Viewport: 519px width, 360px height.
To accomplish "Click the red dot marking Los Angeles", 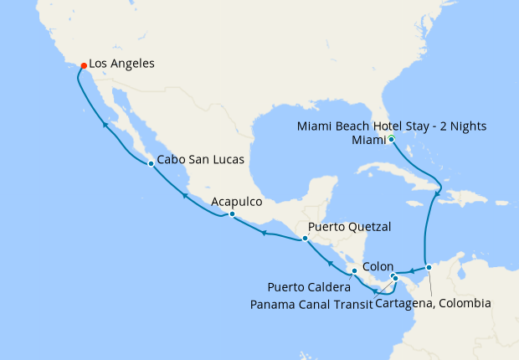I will click(82, 64).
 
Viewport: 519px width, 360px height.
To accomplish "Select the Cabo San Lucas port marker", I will click(150, 163).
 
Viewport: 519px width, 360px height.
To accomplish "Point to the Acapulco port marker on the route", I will click(232, 215).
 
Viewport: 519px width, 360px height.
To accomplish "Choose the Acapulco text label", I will click(238, 202).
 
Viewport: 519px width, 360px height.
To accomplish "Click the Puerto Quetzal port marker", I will click(305, 239).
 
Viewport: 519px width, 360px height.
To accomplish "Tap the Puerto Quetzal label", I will click(350, 227).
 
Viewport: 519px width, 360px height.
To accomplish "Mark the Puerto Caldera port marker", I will click(355, 271).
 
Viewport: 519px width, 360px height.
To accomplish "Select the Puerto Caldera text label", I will click(310, 287).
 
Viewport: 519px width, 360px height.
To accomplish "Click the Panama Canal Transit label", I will click(311, 303).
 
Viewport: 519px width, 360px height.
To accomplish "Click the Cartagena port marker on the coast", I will click(429, 268).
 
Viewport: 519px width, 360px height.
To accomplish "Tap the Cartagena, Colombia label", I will click(433, 303).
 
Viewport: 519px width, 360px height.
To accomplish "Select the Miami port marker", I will click(391, 139).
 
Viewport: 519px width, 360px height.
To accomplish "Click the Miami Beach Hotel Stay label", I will click(392, 126).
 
